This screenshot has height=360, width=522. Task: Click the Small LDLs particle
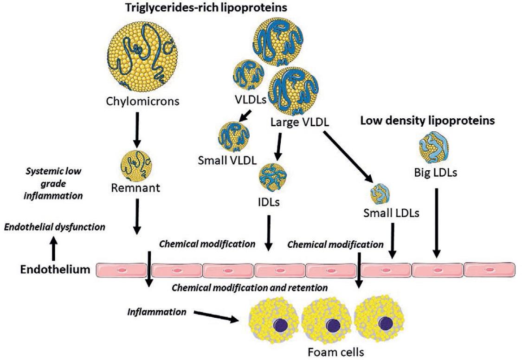379,191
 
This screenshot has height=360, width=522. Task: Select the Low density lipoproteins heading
427,121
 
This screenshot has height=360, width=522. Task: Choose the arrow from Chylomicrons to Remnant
136,133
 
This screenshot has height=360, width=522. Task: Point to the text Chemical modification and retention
250,288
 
